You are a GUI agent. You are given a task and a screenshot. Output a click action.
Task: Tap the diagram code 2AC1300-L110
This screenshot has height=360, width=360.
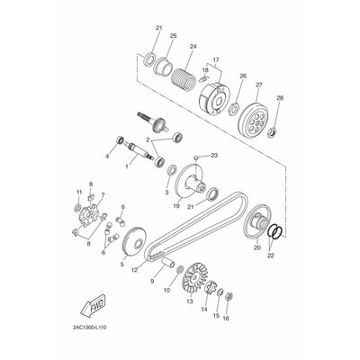click(x=90, y=327)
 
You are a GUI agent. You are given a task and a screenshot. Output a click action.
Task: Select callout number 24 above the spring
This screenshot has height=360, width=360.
click(x=193, y=47)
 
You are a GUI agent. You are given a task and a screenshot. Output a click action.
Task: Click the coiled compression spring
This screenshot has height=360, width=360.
click(x=183, y=79)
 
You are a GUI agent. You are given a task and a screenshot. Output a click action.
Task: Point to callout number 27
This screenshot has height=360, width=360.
click(x=259, y=85)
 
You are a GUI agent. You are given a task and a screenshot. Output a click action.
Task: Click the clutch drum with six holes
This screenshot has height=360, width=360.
click(x=252, y=121)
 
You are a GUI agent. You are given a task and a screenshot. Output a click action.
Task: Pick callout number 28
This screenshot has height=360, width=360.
click(x=280, y=98)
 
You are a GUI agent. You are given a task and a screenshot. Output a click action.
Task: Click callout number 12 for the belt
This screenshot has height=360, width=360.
click(x=134, y=270)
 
